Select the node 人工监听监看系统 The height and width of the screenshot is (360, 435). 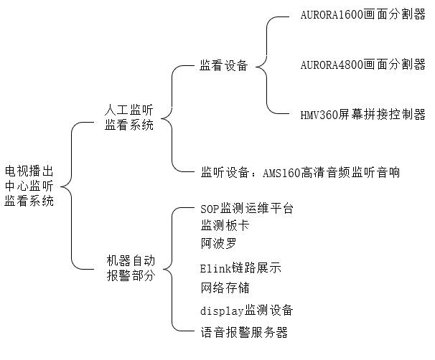point(128,118)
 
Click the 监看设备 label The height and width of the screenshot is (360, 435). point(223,66)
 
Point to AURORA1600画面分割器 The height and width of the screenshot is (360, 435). point(362,16)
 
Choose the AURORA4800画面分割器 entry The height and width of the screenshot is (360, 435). point(362,65)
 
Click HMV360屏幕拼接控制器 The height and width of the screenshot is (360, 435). point(362,115)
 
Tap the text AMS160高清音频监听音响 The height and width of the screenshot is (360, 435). point(331,172)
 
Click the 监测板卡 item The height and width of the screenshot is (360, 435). point(225,225)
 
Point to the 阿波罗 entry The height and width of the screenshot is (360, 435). point(219,242)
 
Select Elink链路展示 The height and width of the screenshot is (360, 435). point(240,270)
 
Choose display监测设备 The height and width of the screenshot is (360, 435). point(247,311)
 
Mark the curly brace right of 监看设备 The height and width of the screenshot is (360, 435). point(267,66)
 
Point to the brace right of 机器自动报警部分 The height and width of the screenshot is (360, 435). point(172,270)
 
